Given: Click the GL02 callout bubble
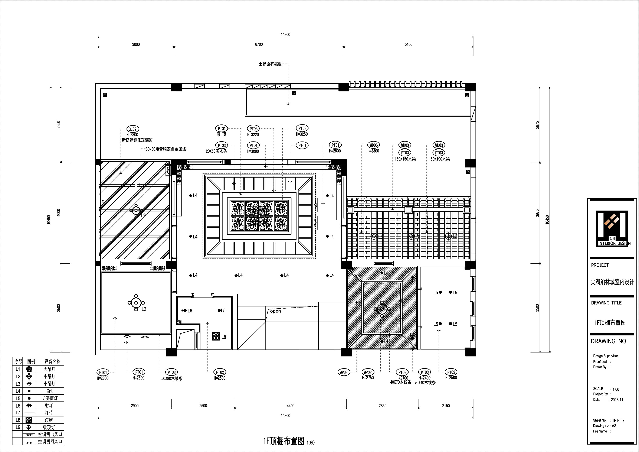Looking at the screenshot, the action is pyautogui.click(x=132, y=129).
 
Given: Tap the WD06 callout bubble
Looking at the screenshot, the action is pyautogui.click(x=373, y=145).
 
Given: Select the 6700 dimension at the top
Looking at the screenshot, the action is pyautogui.click(x=259, y=45).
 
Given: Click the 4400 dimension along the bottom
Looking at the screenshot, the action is pyautogui.click(x=291, y=406).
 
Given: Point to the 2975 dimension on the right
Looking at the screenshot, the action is pyautogui.click(x=537, y=125).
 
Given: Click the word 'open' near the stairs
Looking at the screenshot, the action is pyautogui.click(x=276, y=311).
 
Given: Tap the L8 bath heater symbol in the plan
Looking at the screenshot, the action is pyautogui.click(x=216, y=336).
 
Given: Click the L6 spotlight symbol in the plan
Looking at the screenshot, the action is pyautogui.click(x=184, y=310).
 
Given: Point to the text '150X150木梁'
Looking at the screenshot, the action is pyautogui.click(x=405, y=159).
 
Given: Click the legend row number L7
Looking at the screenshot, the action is pyautogui.click(x=18, y=412).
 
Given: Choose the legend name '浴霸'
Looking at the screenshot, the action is pyautogui.click(x=49, y=420).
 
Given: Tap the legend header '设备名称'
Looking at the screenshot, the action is pyautogui.click(x=53, y=361).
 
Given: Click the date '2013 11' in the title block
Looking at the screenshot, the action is pyautogui.click(x=617, y=400).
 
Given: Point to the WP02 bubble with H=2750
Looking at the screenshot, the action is pyautogui.click(x=368, y=372).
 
